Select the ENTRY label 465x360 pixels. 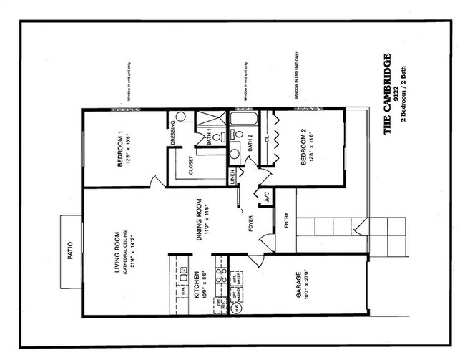[x=286, y=222]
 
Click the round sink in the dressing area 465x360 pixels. [x=180, y=116]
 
